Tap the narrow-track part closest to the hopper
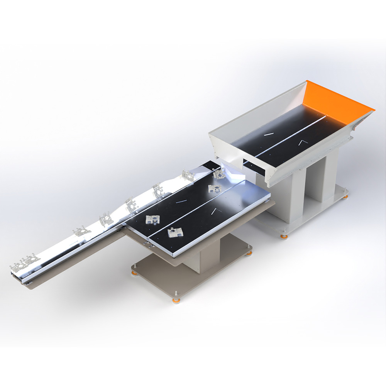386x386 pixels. coord(188,174)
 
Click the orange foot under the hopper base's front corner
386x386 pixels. coord(284,236)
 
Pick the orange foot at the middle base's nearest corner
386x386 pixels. coord(176,300)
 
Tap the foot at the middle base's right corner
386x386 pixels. coord(250,253)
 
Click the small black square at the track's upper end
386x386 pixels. coord(211,165)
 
